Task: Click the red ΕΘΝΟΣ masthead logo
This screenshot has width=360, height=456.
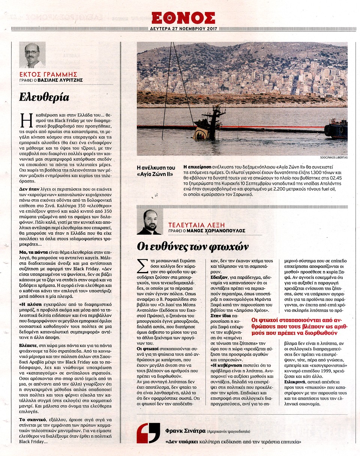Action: (x=183, y=18)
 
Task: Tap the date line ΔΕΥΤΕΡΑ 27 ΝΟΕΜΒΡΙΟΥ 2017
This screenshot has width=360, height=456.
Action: (x=183, y=29)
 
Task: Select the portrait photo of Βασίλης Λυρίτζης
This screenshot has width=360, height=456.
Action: (x=32, y=55)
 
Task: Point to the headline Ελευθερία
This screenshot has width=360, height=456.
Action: (x=44, y=98)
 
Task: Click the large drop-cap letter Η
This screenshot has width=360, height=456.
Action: (x=24, y=121)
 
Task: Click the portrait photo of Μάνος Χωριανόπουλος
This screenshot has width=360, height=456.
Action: (x=150, y=222)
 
